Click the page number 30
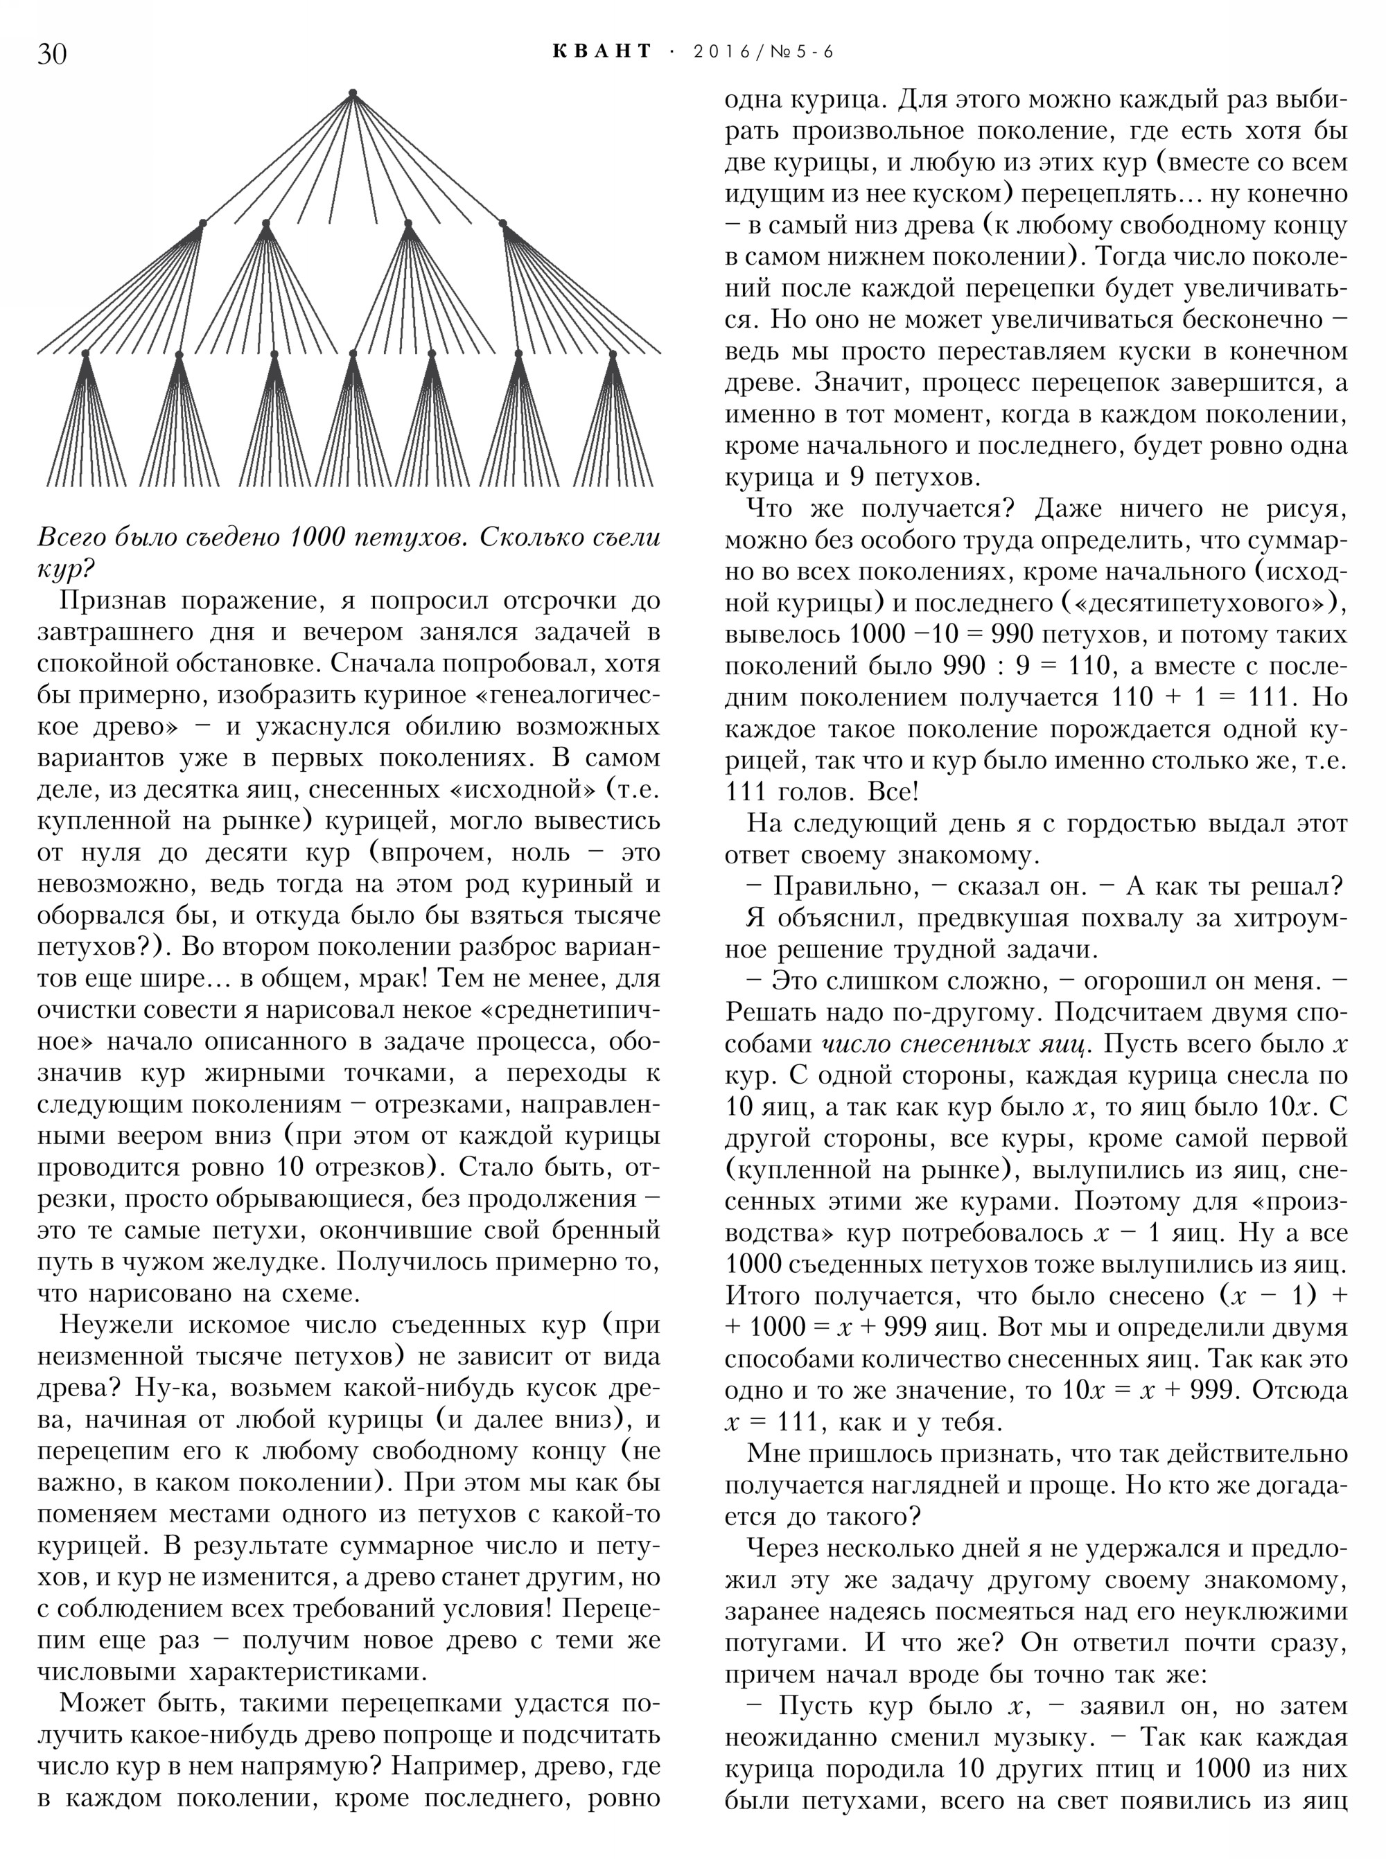click(x=52, y=53)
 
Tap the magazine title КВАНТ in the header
click(x=602, y=52)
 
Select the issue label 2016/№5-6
click(x=764, y=52)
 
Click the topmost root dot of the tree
click(x=353, y=92)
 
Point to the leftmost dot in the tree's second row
click(x=202, y=223)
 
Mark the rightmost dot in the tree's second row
click(x=503, y=223)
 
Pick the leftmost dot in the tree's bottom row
click(x=85, y=354)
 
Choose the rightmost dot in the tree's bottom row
click(x=613, y=354)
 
